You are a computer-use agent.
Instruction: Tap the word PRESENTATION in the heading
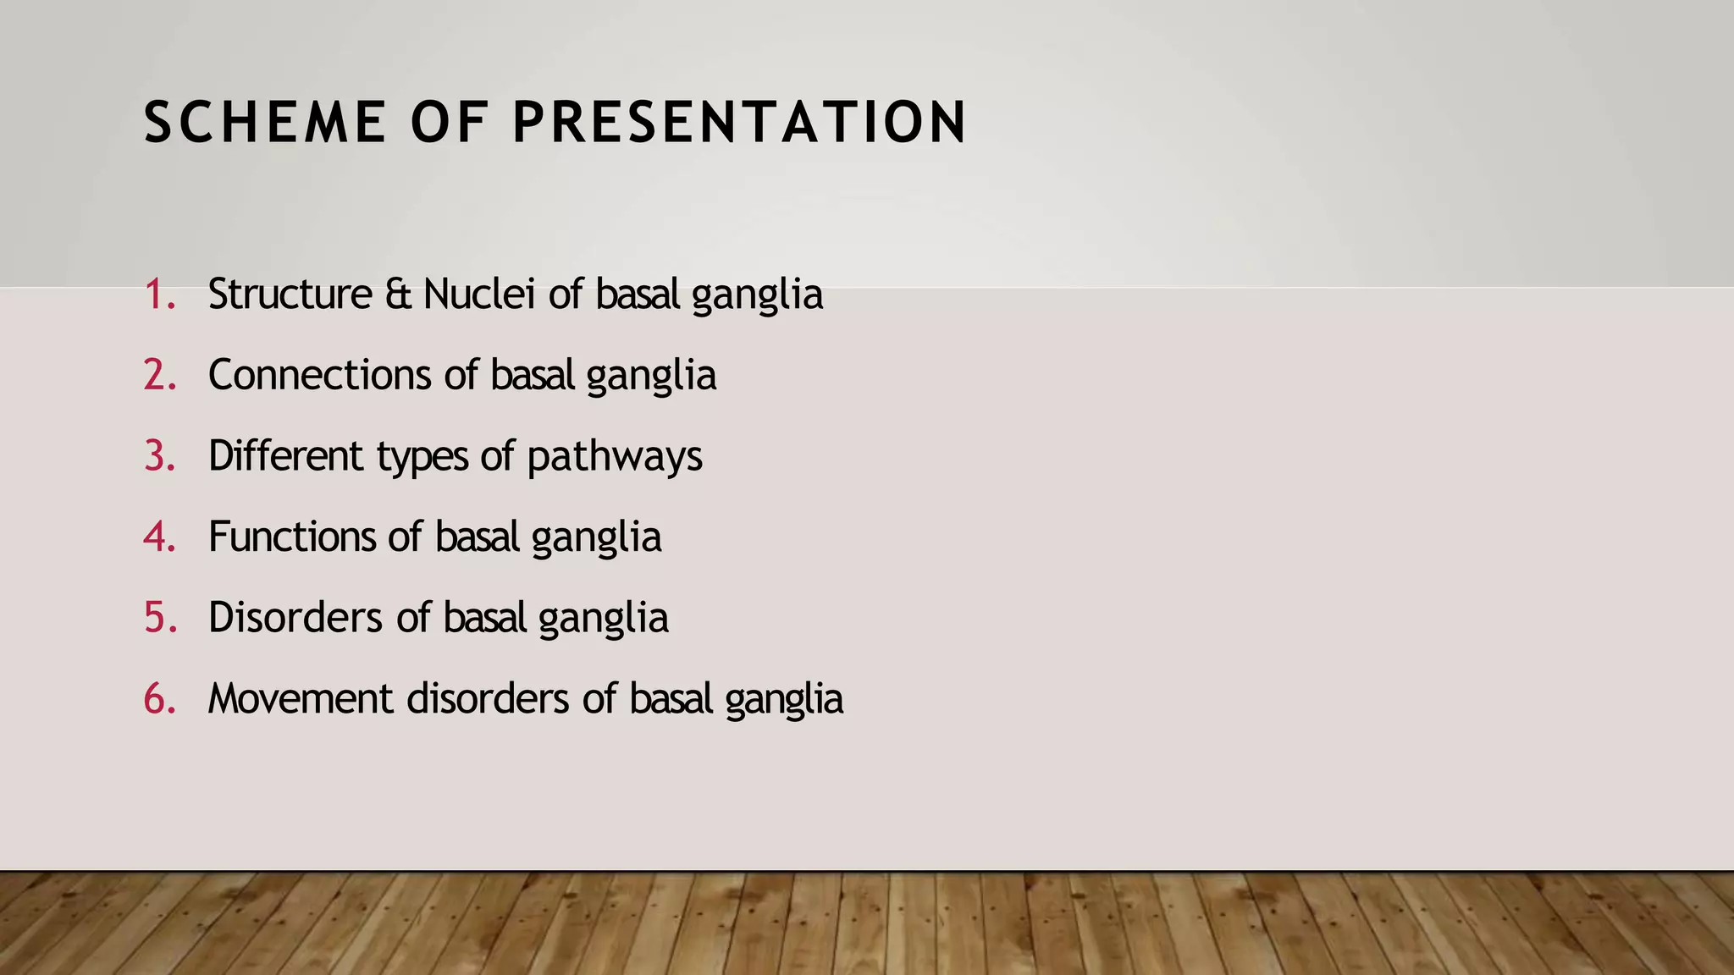coord(739,124)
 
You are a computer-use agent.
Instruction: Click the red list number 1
coord(157,295)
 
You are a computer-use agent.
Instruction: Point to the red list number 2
coord(158,375)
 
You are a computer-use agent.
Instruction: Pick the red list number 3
coord(158,456)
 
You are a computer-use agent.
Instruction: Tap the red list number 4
coord(158,537)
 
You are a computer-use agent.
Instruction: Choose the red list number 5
coord(158,618)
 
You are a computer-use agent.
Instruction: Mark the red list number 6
coord(158,699)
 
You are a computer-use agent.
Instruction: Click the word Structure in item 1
coord(290,295)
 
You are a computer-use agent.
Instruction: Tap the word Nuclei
coord(479,295)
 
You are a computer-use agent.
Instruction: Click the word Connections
coord(319,375)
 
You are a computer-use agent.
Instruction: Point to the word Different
coord(285,456)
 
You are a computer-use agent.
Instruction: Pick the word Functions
coord(292,537)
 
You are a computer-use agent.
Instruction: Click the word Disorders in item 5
coord(295,618)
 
